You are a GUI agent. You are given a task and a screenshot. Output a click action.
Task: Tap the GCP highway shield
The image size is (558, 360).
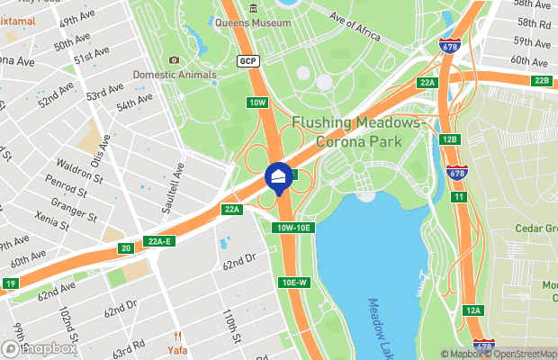coord(248,60)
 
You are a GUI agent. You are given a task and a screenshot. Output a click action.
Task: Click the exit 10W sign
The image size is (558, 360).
coord(258,103)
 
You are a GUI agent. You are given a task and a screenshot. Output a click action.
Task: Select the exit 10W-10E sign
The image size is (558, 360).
coord(292,227)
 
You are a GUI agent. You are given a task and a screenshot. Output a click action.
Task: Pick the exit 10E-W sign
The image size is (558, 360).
coord(294,283)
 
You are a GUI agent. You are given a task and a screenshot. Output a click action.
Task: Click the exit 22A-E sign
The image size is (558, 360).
coord(160,240)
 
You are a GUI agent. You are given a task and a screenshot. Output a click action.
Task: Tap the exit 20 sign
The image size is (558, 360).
coord(126,248)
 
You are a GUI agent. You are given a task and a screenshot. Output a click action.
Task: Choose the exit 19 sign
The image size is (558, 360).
coord(11,283)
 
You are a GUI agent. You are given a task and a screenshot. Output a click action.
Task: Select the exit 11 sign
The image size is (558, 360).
coord(459,196)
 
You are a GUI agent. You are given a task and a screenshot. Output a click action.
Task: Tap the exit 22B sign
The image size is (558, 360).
coord(541,81)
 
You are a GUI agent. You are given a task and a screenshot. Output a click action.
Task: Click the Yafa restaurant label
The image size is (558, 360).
coord(178,349)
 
